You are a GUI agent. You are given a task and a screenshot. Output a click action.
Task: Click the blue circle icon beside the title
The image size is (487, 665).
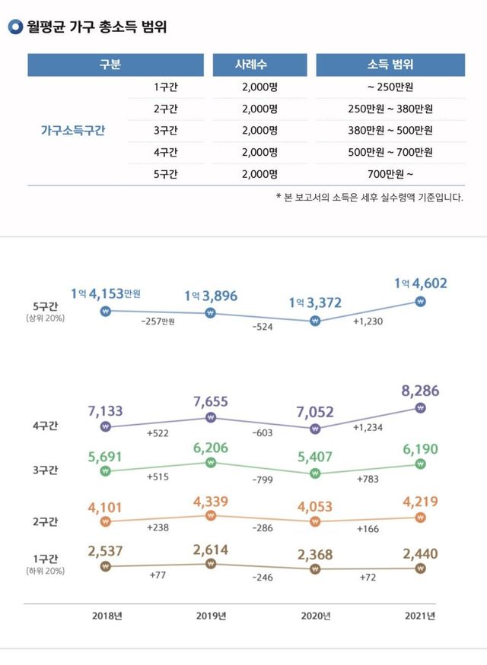click(15, 28)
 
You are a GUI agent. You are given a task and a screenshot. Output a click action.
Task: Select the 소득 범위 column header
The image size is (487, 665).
click(390, 65)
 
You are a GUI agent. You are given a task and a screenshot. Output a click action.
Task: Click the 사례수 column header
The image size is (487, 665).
click(259, 65)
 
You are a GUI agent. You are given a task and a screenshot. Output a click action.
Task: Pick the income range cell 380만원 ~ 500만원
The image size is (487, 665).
click(390, 130)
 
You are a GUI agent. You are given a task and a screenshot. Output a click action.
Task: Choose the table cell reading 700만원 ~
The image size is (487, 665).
click(390, 174)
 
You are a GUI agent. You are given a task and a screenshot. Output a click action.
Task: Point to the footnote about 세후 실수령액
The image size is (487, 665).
click(369, 198)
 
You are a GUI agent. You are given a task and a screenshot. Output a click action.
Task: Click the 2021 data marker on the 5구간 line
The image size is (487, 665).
click(421, 302)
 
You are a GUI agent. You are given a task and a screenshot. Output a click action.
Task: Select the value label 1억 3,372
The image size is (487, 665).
click(314, 303)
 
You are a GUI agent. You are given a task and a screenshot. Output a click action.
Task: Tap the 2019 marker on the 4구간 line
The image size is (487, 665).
click(212, 417)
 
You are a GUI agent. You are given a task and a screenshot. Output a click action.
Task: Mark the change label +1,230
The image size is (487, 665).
click(368, 321)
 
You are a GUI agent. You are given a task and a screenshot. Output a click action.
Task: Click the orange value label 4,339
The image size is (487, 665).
click(212, 501)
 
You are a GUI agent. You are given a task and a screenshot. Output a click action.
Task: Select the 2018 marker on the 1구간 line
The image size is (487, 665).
click(106, 566)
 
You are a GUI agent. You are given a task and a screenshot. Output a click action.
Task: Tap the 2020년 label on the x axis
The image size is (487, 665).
click(316, 615)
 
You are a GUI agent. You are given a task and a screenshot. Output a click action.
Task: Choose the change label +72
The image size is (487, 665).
click(368, 578)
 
